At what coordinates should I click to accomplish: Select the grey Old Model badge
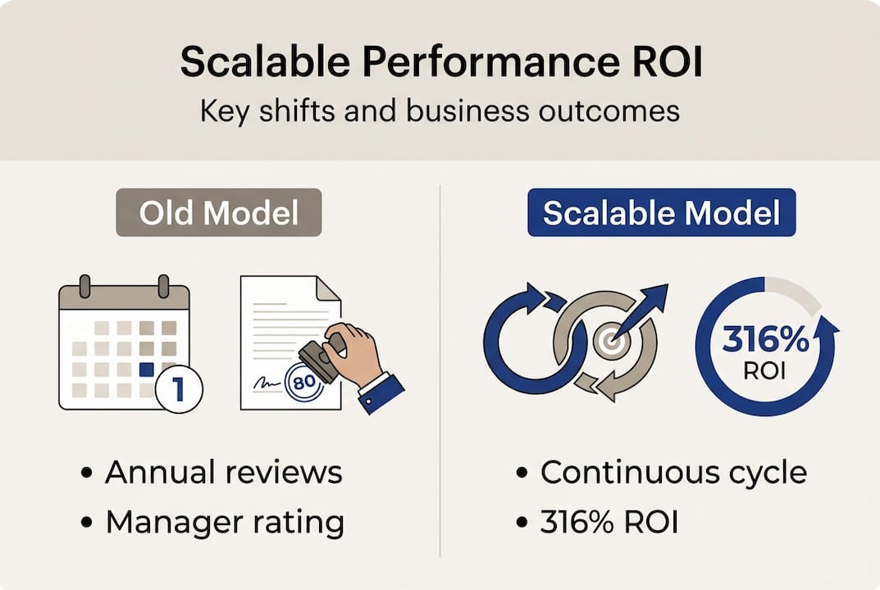click(219, 212)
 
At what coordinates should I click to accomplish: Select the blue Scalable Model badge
click(662, 212)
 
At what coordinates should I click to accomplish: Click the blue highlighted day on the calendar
click(146, 369)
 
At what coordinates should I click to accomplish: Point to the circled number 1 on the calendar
click(179, 388)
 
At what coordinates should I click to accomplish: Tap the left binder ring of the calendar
click(84, 286)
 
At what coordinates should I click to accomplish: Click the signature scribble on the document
click(267, 383)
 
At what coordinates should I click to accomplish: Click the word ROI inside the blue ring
click(764, 370)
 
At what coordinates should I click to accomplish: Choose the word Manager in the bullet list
click(174, 524)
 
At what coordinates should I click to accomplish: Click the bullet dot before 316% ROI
click(522, 523)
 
